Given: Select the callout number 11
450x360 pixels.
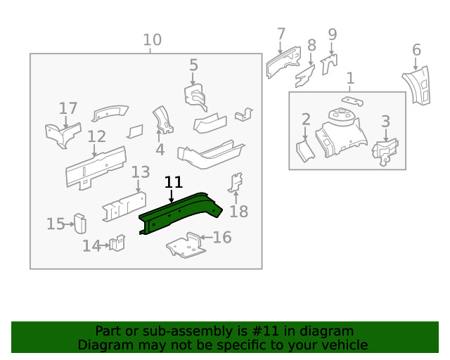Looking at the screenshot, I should pyautogui.click(x=173, y=183).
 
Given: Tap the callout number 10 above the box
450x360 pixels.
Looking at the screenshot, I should pyautogui.click(x=152, y=40).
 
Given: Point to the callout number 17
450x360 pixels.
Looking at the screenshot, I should pyautogui.click(x=68, y=108).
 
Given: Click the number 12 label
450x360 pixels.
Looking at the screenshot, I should pyautogui.click(x=96, y=136).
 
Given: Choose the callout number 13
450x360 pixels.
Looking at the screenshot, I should pyautogui.click(x=141, y=172).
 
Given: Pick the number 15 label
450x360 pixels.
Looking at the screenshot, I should pyautogui.click(x=56, y=224).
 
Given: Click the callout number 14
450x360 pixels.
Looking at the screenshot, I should pyautogui.click(x=91, y=245).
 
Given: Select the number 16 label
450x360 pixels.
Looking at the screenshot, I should pyautogui.click(x=222, y=238).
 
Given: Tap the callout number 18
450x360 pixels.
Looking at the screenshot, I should pyautogui.click(x=239, y=212).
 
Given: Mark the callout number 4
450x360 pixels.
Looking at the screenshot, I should pyautogui.click(x=160, y=150).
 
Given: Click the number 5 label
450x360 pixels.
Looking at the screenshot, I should pyautogui.click(x=193, y=65).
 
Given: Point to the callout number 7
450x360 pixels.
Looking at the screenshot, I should pyautogui.click(x=281, y=34).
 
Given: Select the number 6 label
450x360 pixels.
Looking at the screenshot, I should pyautogui.click(x=416, y=50).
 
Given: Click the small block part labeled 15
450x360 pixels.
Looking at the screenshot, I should pyautogui.click(x=79, y=224).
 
